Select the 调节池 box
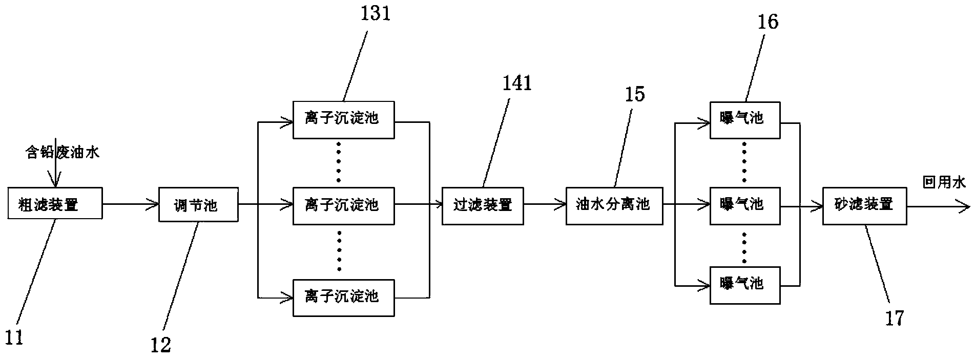tap(198, 204)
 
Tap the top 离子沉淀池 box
tap(344, 120)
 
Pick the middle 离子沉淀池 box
tap(344, 206)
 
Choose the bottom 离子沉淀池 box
tap(344, 298)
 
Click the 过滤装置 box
tap(483, 206)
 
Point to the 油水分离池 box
tap(614, 206)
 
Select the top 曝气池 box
tap(745, 120)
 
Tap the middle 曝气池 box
tap(745, 206)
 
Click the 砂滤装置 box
tap(864, 206)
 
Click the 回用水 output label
tap(944, 182)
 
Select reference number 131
tap(375, 13)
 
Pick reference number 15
tap(634, 94)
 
